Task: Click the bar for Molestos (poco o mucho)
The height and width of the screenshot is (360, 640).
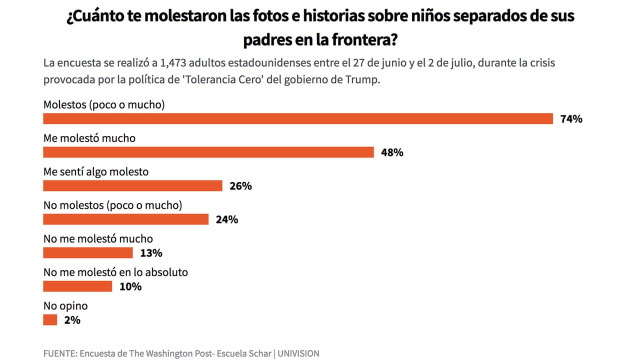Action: tap(298, 118)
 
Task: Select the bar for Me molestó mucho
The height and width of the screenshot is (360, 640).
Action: tap(208, 152)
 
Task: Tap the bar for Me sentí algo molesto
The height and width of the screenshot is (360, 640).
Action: tap(132, 185)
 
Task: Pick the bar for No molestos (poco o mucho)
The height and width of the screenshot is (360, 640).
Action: tap(125, 219)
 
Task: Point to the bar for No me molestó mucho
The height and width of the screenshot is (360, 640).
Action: tap(88, 252)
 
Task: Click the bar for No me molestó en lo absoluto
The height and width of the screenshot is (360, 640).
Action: tap(77, 286)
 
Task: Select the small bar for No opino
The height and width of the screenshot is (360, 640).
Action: tap(50, 319)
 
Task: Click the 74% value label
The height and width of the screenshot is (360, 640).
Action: tap(571, 119)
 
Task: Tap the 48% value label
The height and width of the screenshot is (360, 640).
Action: tap(392, 152)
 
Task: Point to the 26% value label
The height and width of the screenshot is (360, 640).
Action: tap(240, 186)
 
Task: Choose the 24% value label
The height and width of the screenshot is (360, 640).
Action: tap(226, 219)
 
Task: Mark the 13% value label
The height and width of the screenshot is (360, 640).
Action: tap(151, 253)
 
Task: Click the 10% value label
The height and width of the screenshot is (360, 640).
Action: tap(130, 286)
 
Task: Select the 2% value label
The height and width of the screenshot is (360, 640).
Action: tap(72, 320)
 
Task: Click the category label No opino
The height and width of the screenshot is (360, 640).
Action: tap(65, 305)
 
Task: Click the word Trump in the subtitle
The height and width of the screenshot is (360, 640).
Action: tap(365, 80)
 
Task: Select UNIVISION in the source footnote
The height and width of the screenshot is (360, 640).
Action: tap(298, 353)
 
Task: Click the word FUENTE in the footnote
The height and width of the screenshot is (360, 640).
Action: tap(59, 353)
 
